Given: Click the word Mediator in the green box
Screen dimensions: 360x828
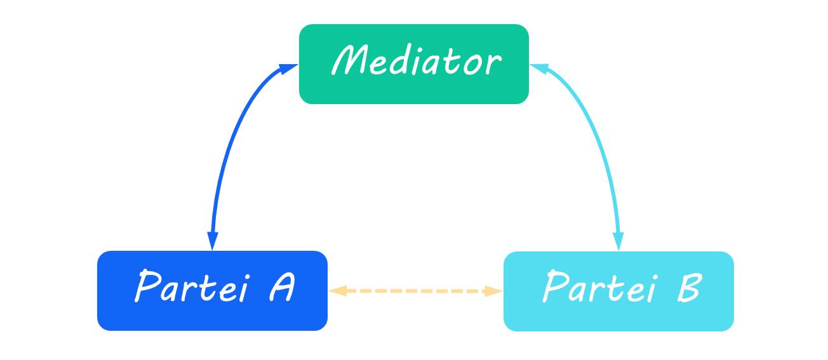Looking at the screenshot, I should click(x=416, y=62).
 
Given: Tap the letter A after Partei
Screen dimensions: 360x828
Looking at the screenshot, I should click(x=280, y=288).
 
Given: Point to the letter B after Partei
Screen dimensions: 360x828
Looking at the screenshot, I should click(x=686, y=288).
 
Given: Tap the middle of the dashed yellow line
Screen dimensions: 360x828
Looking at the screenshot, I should click(x=415, y=291).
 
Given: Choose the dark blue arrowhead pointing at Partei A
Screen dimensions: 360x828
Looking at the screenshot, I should click(x=213, y=241).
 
